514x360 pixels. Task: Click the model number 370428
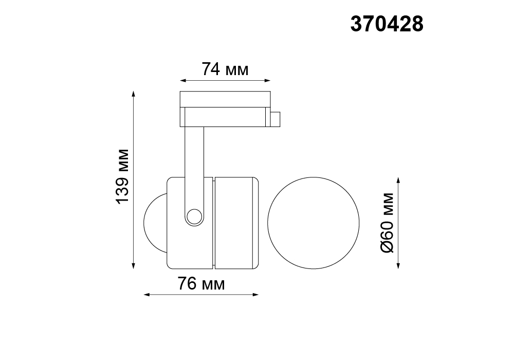387,24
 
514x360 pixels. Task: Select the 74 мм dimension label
225,69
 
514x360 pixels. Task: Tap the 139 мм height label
123,176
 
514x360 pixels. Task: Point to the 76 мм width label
201,283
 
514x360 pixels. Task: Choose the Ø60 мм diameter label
387,223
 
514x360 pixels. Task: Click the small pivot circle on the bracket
194,217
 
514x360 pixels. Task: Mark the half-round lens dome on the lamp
155,223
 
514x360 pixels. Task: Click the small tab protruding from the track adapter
275,119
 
